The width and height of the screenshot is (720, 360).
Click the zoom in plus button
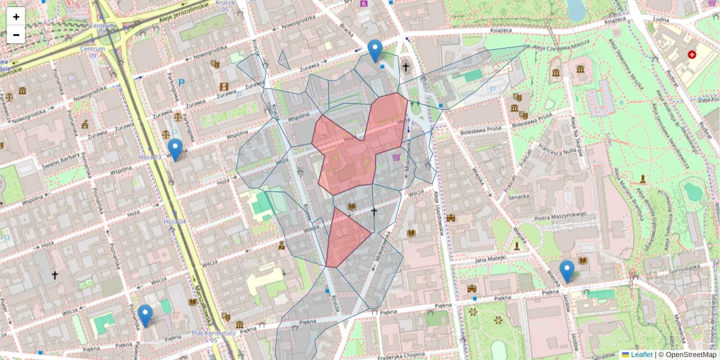(16, 17)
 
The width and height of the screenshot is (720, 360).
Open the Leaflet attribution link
(641, 355)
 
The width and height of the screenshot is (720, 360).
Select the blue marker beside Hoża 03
(175, 149)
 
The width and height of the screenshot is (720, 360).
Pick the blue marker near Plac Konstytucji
(145, 316)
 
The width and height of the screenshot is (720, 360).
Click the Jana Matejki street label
(491, 259)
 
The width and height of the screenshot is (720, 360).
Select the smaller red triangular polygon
(345, 240)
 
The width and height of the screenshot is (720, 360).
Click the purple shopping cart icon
(396, 157)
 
